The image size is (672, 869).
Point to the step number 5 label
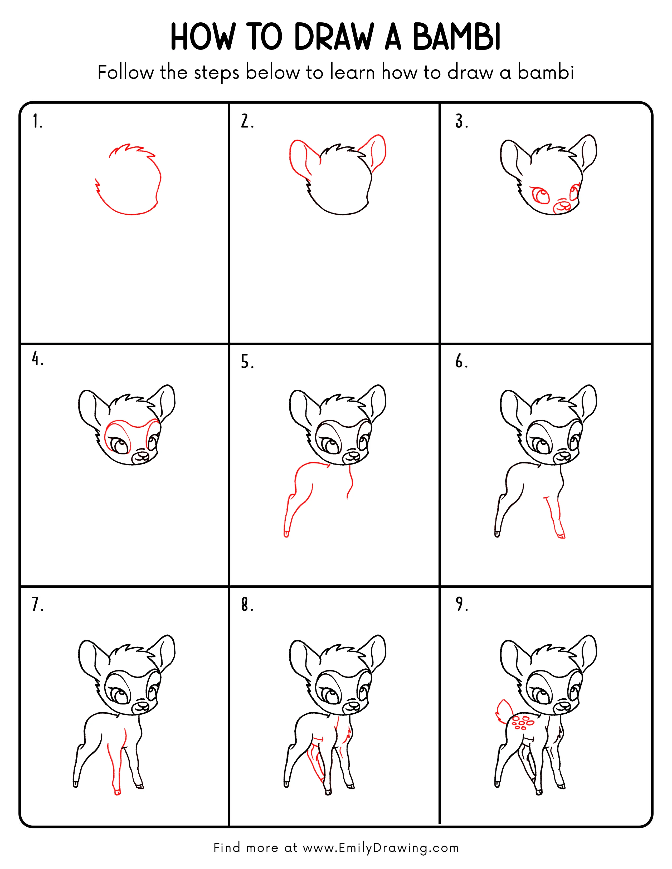(247, 362)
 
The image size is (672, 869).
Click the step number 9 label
(461, 604)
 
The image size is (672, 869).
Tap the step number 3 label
(461, 121)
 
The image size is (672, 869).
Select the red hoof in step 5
(286, 534)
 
